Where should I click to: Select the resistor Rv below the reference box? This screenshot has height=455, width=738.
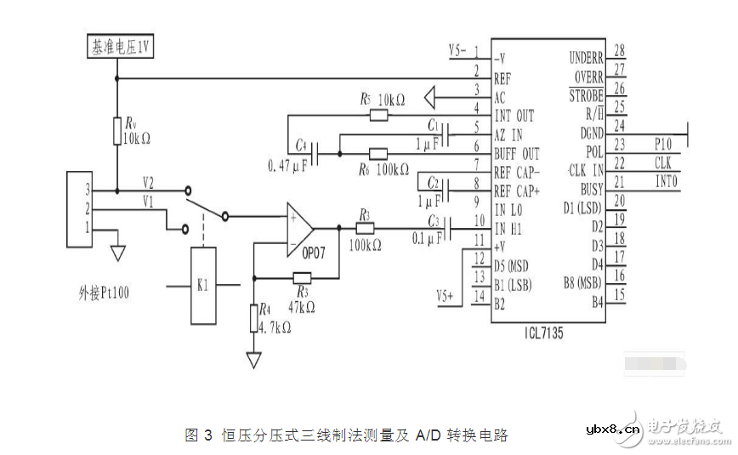[116, 131]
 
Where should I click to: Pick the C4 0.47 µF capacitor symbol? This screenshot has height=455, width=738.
[316, 154]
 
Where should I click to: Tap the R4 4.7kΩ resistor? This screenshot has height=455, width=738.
[253, 319]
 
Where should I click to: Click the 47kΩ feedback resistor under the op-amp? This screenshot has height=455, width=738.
[303, 277]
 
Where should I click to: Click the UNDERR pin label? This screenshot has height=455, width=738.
[586, 58]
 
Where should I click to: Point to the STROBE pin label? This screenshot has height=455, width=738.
[586, 96]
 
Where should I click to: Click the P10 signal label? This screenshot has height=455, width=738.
[663, 144]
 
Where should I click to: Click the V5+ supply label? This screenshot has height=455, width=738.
[446, 296]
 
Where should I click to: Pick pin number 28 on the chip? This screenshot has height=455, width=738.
[619, 51]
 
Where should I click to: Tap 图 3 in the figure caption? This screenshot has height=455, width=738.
[198, 435]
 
